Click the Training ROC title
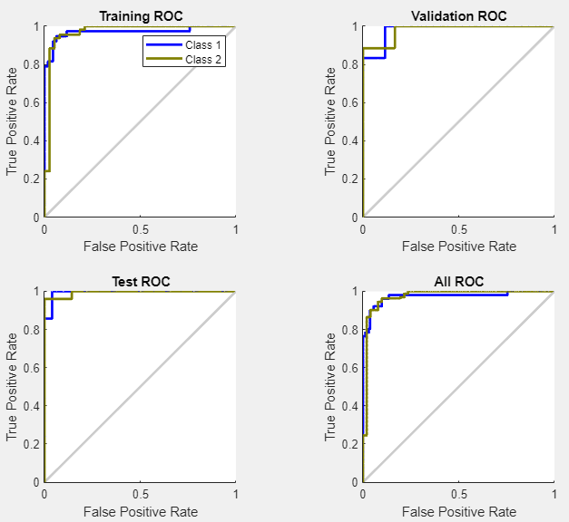[140, 16]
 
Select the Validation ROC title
[458, 16]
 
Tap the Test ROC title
[140, 282]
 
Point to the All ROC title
[458, 282]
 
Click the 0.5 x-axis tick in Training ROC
[140, 229]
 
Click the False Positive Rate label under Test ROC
[140, 511]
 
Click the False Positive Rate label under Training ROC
[140, 246]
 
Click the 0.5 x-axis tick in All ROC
[458, 495]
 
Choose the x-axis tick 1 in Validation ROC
[554, 229]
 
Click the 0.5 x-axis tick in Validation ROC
[458, 229]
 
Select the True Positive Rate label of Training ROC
[13, 121]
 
